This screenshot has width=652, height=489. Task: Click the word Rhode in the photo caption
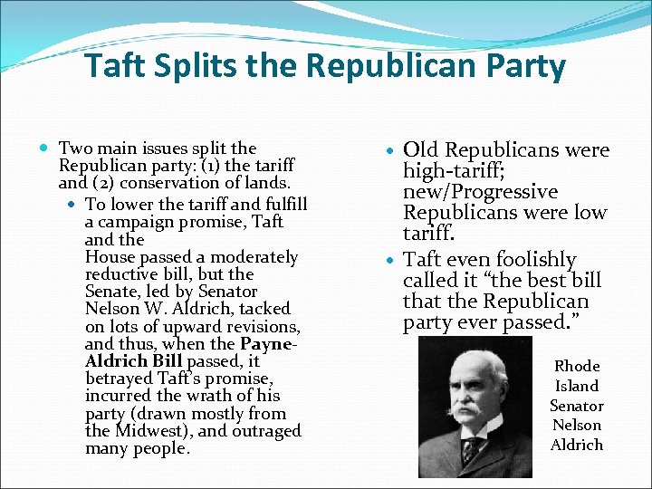pos(577,366)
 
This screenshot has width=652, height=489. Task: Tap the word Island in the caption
pos(577,386)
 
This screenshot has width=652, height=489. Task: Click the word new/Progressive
pos(481,192)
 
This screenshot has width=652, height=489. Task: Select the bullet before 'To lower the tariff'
pos(72,205)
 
